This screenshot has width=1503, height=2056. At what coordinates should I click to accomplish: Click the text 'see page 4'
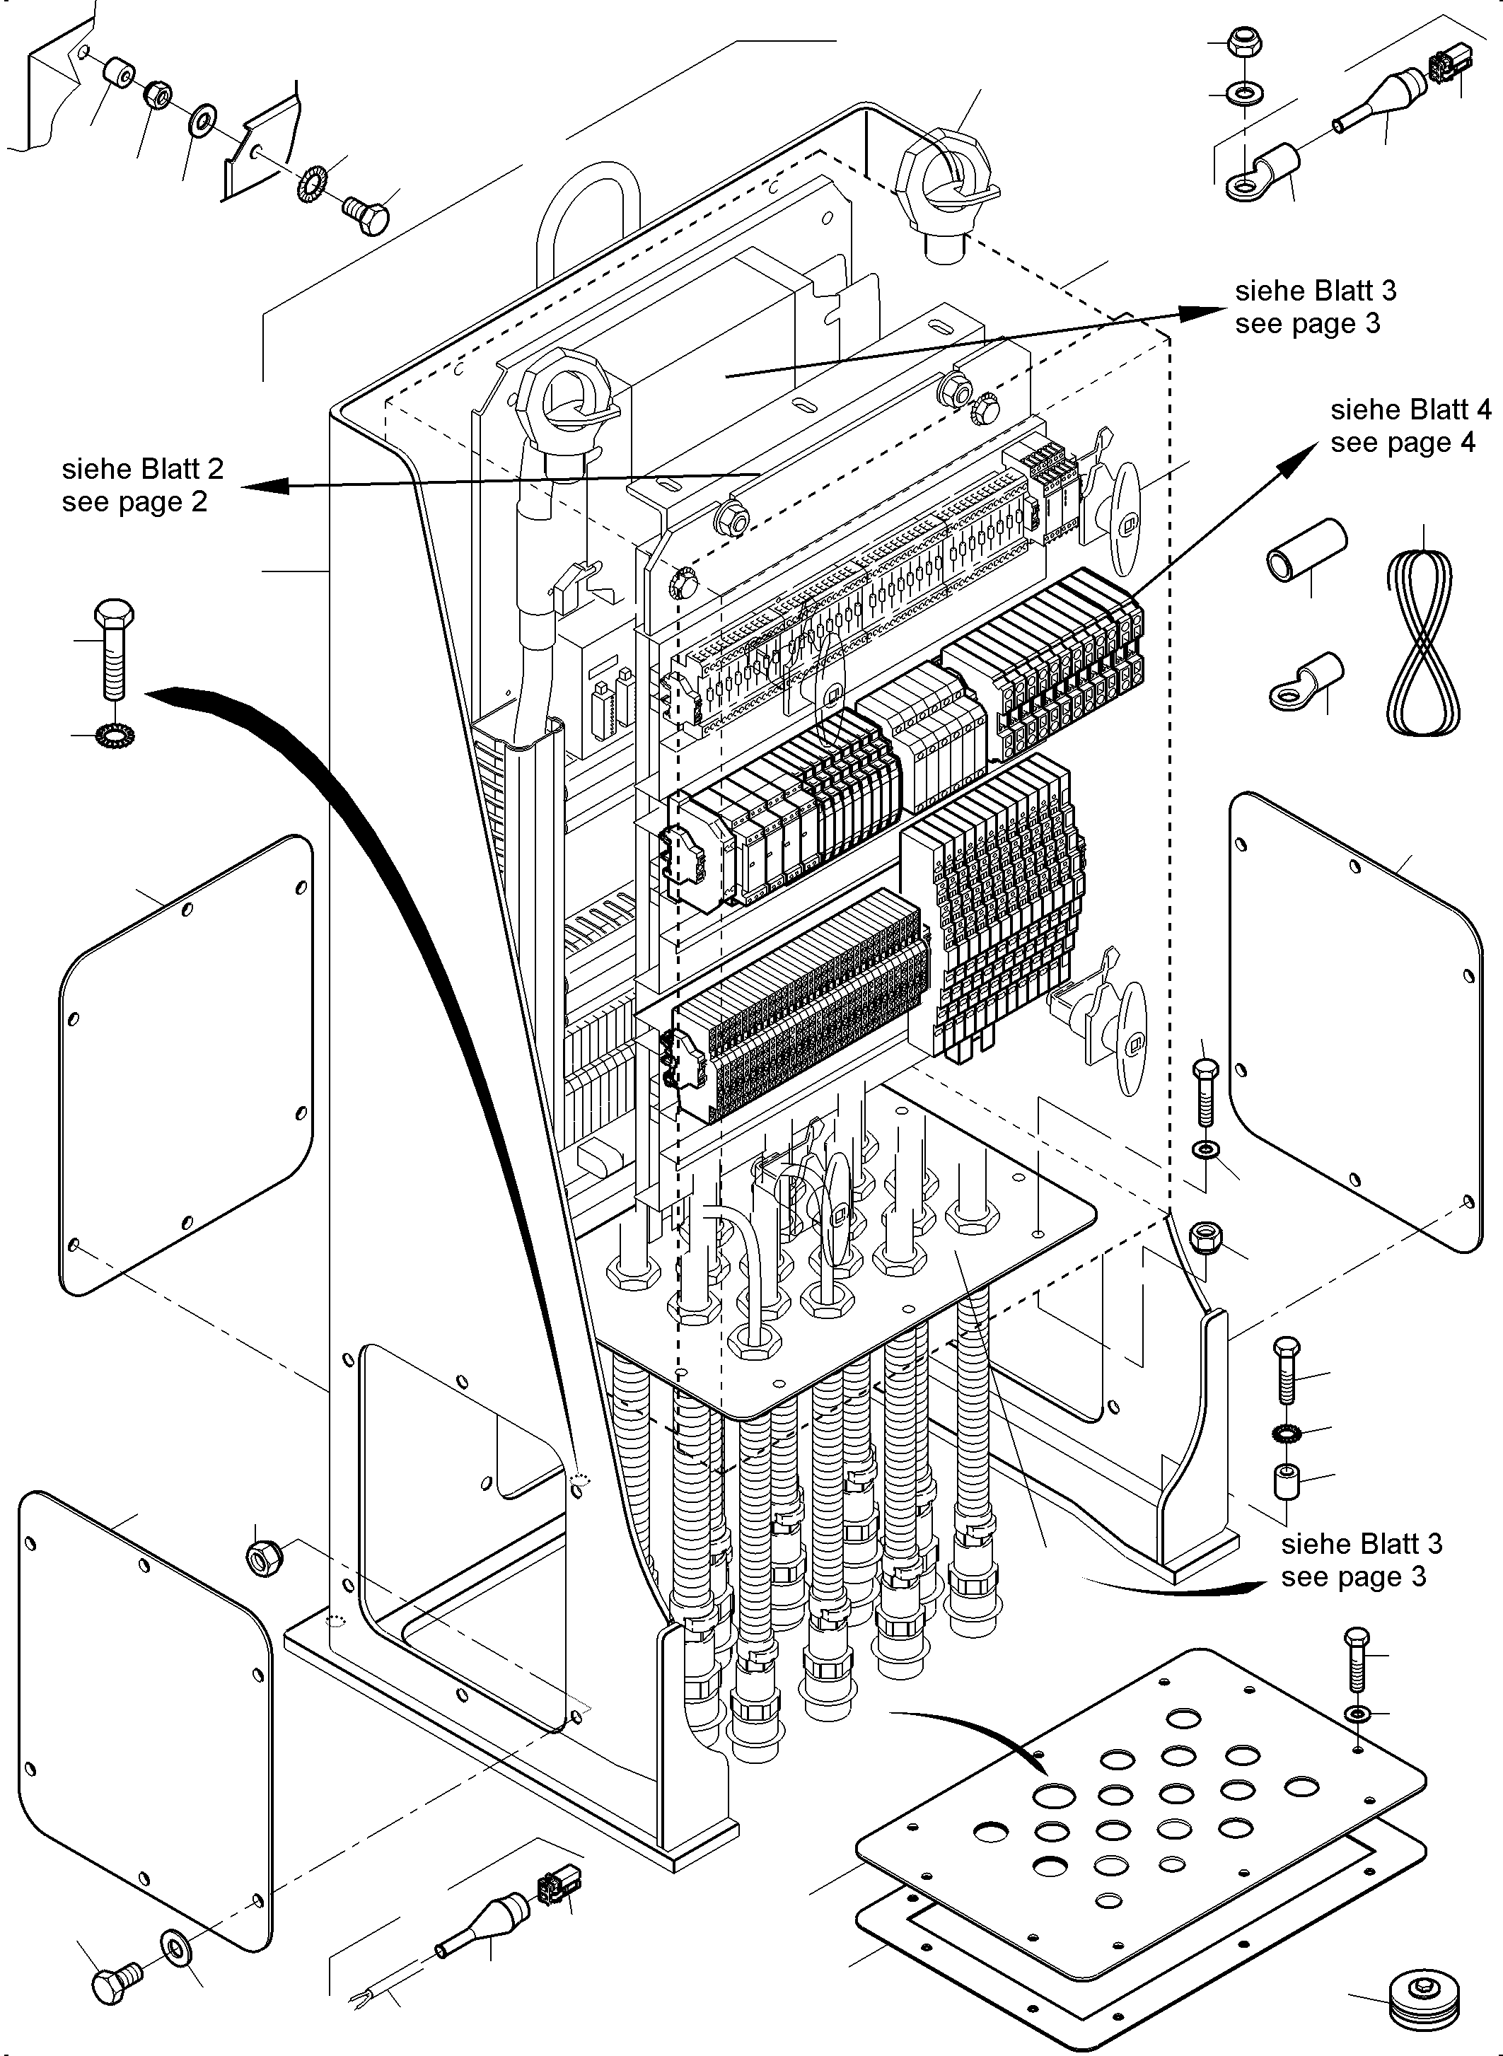(1402, 442)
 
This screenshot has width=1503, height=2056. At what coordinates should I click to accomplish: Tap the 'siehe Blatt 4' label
(1410, 410)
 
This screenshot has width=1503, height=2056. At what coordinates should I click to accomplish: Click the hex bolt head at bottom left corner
(115, 1977)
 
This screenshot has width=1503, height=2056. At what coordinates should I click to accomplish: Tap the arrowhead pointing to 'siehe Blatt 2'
(264, 486)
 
